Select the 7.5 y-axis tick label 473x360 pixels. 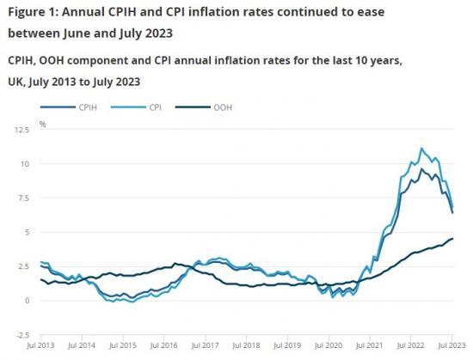(x=22, y=198)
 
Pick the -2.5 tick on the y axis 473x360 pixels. (x=21, y=335)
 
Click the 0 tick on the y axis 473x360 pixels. (x=27, y=301)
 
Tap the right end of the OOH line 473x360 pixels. (x=453, y=239)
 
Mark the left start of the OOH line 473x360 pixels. (x=40, y=279)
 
